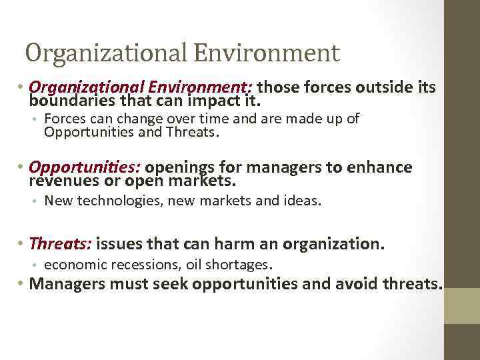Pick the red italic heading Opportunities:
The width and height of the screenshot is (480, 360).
pyautogui.click(x=85, y=167)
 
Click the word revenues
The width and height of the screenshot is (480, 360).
pyautogui.click(x=62, y=181)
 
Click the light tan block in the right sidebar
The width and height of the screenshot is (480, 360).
pyautogui.click(x=461, y=305)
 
